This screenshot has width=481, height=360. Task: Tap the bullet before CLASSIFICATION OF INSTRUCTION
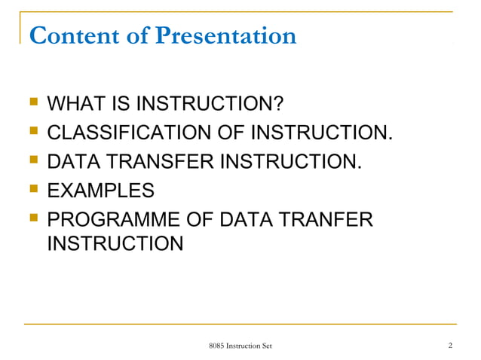pos(31,134)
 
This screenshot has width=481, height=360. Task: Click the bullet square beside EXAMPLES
pos(31,188)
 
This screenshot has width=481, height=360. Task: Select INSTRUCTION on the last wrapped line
pos(115,244)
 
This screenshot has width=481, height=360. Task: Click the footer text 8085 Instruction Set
pos(240,345)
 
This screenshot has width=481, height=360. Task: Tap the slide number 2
pos(449,345)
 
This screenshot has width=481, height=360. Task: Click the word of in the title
pos(137,35)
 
